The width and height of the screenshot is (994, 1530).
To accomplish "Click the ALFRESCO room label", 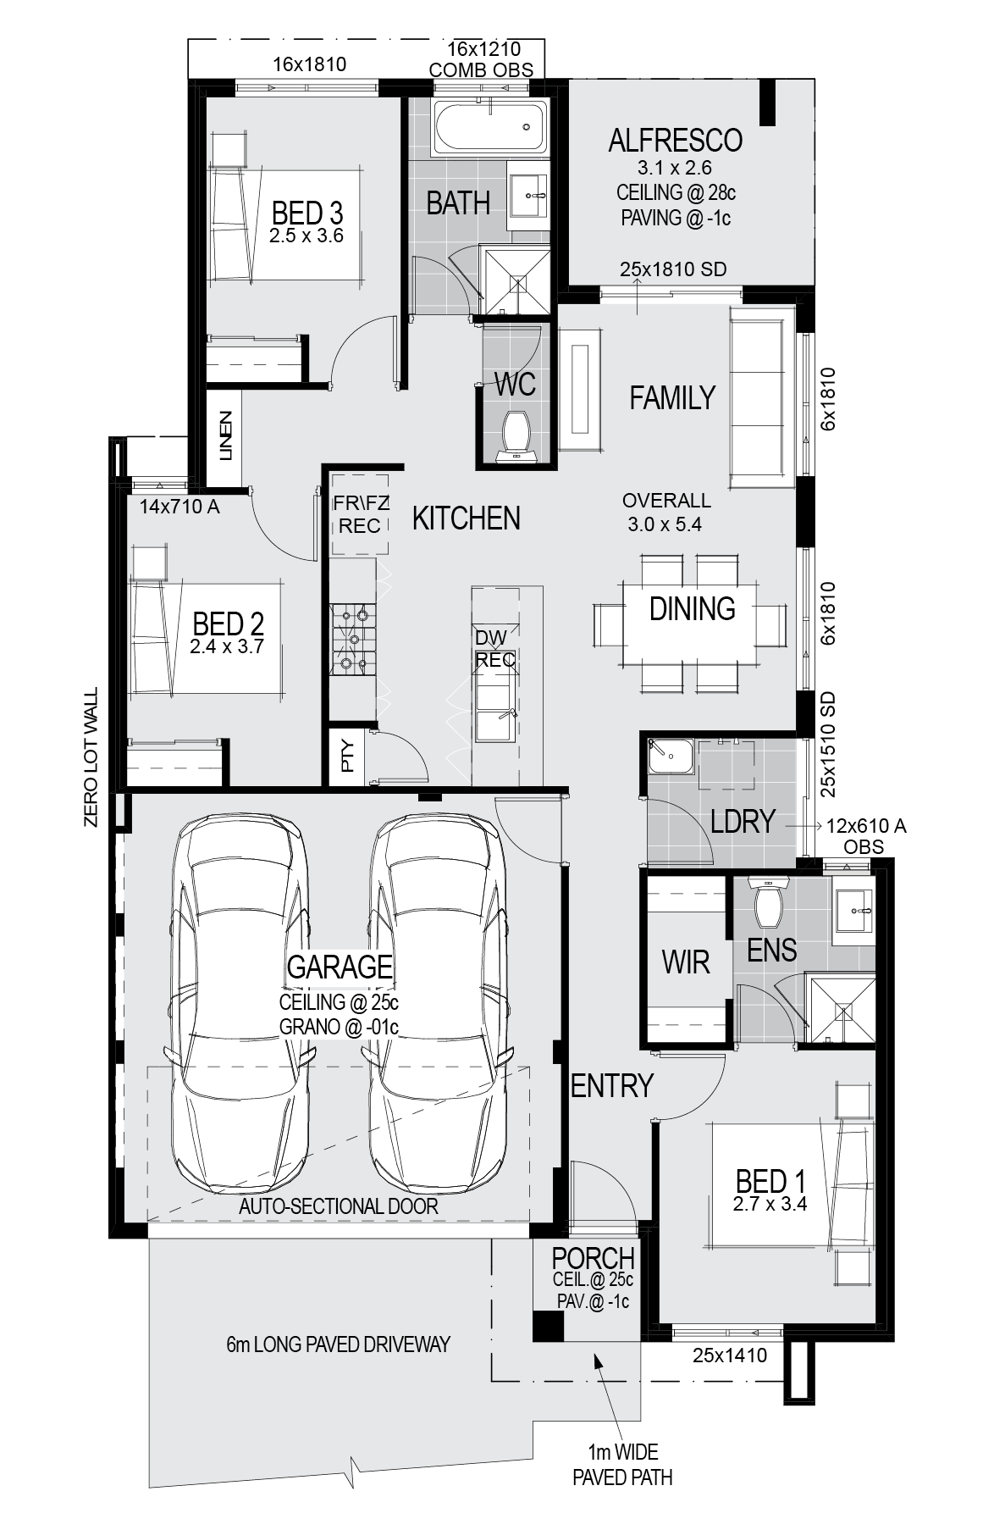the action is click(675, 140).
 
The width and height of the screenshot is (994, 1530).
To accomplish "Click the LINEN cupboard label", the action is click(225, 435).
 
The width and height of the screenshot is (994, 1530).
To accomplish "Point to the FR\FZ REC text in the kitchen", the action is click(360, 514).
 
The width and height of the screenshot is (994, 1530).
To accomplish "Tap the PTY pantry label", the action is click(347, 753).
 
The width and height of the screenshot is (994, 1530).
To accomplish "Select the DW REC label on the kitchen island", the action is click(495, 648).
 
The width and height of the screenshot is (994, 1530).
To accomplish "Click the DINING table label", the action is click(692, 608).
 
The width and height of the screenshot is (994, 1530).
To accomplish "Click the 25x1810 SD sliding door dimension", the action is click(673, 269).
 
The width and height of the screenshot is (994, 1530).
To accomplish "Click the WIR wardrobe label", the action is click(685, 962).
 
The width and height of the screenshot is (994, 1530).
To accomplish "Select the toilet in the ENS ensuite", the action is click(769, 901).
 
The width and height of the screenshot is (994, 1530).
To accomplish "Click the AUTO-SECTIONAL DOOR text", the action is click(339, 1206).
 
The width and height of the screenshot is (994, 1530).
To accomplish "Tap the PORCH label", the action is click(593, 1258).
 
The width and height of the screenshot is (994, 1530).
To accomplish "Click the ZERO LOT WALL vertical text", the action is click(91, 757).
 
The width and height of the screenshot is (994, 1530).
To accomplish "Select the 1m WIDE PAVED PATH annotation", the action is click(622, 1465).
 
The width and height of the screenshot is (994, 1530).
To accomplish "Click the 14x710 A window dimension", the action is click(179, 507).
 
